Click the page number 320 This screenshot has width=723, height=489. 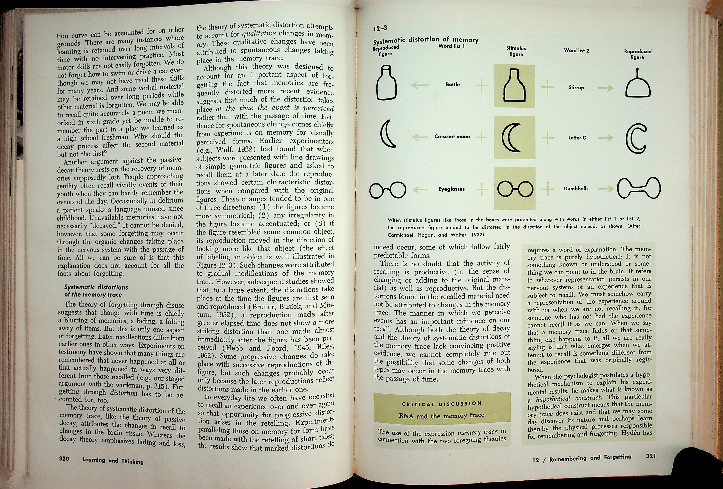point(64,459)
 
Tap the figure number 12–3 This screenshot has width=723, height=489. point(380,29)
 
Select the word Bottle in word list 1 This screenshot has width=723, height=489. point(453,85)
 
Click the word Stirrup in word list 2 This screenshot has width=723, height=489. point(576,88)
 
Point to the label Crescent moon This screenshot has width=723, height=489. point(452,137)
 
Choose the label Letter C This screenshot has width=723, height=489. point(577,138)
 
